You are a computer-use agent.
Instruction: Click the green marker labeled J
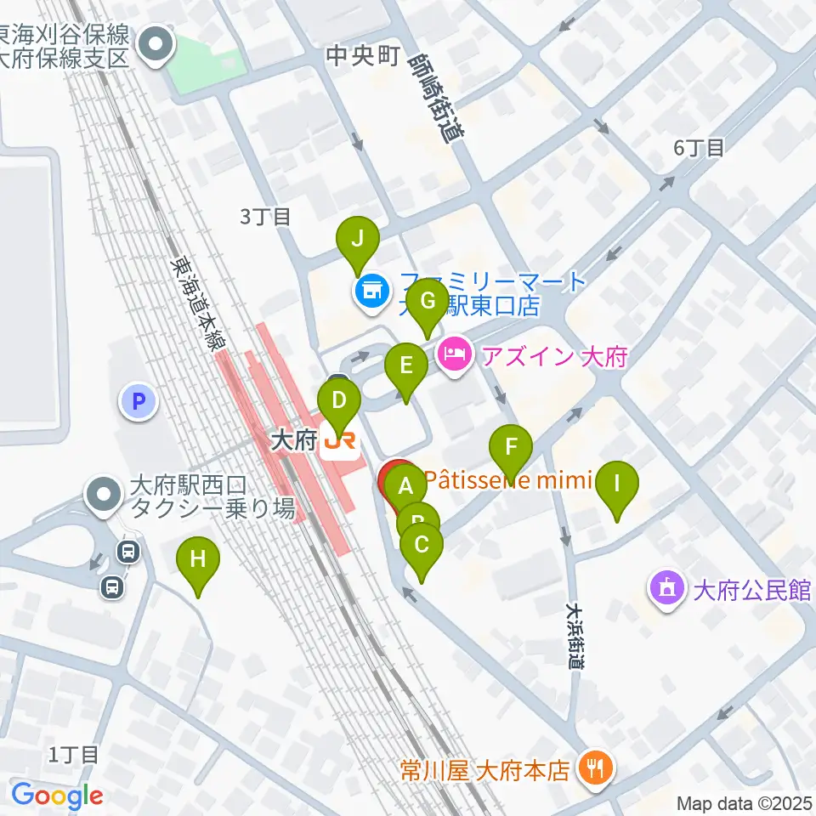[x=358, y=239]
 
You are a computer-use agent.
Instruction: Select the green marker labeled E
[x=405, y=366]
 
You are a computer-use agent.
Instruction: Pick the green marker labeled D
[x=338, y=399]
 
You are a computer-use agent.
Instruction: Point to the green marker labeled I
[x=617, y=484]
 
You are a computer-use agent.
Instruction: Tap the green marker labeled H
[x=198, y=560]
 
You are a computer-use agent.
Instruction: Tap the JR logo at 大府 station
[x=340, y=441]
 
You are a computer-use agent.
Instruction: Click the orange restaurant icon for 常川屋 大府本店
[x=591, y=769]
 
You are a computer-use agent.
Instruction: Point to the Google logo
[x=57, y=796]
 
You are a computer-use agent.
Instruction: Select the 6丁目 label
[x=699, y=148]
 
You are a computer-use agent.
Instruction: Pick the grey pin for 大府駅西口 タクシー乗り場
[x=105, y=495]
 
